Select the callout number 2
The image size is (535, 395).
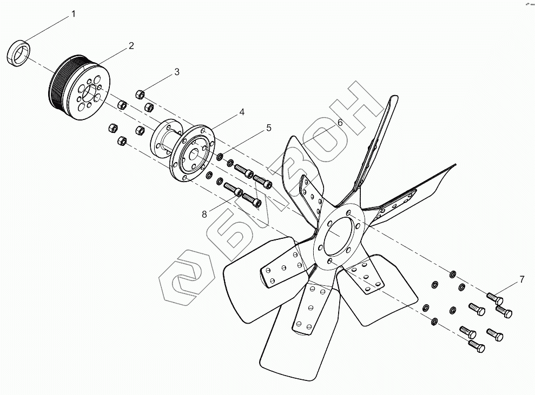[x=131, y=46]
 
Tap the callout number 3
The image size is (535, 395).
[x=176, y=72]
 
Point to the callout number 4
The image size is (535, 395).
[x=242, y=112]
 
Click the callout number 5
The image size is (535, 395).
[x=268, y=128]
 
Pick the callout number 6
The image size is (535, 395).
[x=340, y=123]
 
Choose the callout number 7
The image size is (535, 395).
[x=521, y=279]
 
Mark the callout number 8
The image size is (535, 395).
[x=204, y=215]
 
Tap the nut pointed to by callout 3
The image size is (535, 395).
[x=140, y=95]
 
